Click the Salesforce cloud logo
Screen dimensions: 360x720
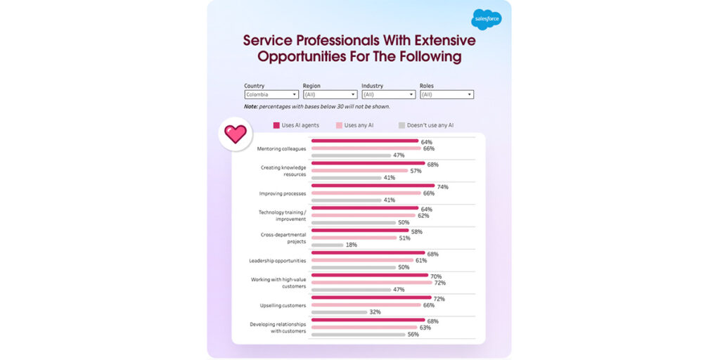click(486, 19)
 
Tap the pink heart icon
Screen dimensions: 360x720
click(235, 134)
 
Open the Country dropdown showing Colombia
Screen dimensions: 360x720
click(271, 94)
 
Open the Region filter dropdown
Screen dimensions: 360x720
click(330, 94)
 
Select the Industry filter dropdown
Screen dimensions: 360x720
click(388, 94)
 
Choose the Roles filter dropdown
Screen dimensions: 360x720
click(446, 94)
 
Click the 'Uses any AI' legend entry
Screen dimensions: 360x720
click(359, 125)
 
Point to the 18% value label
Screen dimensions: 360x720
click(351, 245)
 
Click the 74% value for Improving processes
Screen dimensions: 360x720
click(442, 187)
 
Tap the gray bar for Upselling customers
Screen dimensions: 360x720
click(339, 311)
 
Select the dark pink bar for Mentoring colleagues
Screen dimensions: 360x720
click(364, 141)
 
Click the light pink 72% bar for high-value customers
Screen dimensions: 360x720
click(371, 283)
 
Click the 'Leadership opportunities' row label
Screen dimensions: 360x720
click(278, 260)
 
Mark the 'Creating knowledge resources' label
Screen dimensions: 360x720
click(283, 171)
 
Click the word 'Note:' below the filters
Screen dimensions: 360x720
click(251, 106)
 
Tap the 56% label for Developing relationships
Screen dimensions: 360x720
click(413, 334)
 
